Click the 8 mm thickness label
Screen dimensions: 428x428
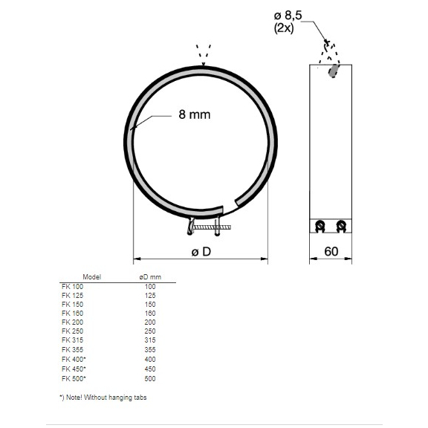tap(195, 114)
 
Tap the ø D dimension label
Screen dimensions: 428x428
tap(201, 251)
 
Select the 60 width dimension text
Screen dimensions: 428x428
tap(331, 251)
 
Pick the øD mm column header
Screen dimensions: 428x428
tap(150, 277)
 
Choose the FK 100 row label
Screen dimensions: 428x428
tap(72, 286)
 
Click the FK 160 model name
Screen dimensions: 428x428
tap(72, 314)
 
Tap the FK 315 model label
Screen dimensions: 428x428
tap(72, 340)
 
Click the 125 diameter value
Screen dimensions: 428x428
tap(150, 295)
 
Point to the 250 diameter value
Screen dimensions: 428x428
tap(150, 331)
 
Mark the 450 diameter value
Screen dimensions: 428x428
tap(150, 368)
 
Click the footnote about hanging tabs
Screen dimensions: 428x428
tap(103, 398)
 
